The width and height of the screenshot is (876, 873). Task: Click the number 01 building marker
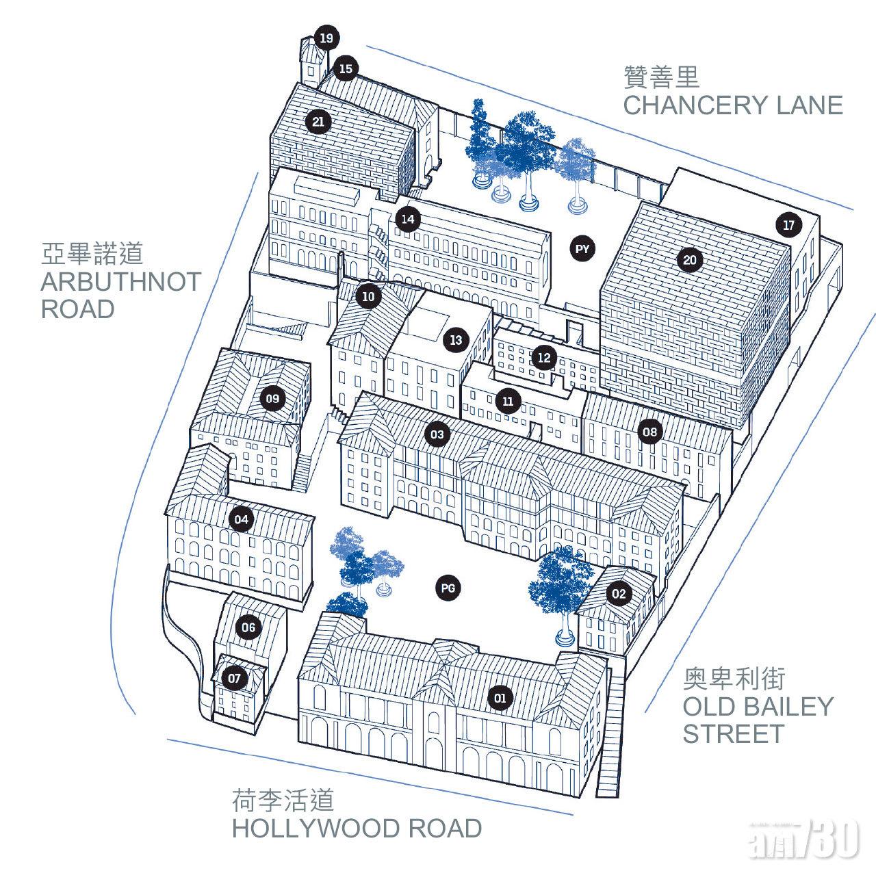(x=500, y=698)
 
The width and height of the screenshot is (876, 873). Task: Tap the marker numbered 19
(x=326, y=38)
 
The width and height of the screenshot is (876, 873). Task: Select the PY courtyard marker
(x=582, y=249)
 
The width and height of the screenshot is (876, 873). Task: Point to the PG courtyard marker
(x=448, y=588)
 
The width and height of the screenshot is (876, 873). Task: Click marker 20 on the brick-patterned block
(x=690, y=260)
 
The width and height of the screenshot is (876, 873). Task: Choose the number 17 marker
(x=788, y=225)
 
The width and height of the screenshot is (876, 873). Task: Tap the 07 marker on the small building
(x=234, y=679)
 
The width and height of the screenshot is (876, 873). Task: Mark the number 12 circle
(x=544, y=358)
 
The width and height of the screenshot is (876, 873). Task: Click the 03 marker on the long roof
(x=437, y=434)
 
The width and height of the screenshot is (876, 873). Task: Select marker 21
(x=318, y=122)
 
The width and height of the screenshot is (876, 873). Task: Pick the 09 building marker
(x=272, y=399)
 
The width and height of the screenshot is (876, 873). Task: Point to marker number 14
(x=408, y=219)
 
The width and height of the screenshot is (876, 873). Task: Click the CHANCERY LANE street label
(x=733, y=105)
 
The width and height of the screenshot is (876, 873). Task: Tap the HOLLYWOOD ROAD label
(x=357, y=828)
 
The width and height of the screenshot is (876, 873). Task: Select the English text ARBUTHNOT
(x=121, y=282)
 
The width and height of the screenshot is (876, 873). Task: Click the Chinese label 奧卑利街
(x=734, y=679)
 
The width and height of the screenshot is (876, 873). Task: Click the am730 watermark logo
(x=803, y=837)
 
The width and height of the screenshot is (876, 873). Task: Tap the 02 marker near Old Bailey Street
(x=618, y=593)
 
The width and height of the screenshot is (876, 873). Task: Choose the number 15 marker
(x=346, y=68)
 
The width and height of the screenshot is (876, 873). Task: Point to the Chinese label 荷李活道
(x=283, y=800)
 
